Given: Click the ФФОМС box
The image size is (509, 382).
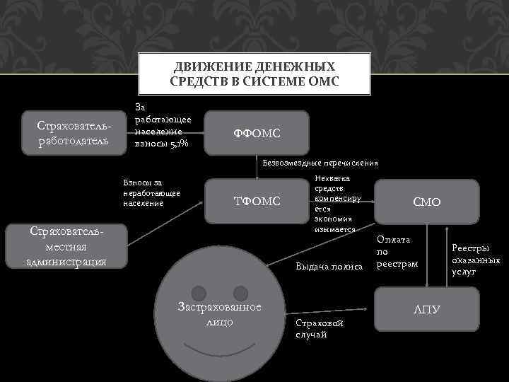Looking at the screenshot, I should (x=257, y=133).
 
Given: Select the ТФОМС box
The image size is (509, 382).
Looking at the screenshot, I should (x=257, y=202).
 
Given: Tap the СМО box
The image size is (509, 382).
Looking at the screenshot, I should (x=427, y=202).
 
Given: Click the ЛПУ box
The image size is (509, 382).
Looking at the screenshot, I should (x=427, y=309).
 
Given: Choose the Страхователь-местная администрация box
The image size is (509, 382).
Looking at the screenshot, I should (x=66, y=247).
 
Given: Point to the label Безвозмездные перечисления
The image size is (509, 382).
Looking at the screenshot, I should (x=320, y=163).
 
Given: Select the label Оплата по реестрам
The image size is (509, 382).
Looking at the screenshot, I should (x=397, y=252).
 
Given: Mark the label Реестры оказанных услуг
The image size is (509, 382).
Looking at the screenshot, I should (x=476, y=259).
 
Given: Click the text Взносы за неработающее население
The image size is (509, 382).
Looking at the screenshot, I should (x=152, y=193).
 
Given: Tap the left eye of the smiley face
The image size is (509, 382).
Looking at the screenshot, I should (x=199, y=291).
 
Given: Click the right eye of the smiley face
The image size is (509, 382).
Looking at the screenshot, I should (x=241, y=291).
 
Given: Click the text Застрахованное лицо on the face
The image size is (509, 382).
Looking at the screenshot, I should (x=219, y=313).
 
